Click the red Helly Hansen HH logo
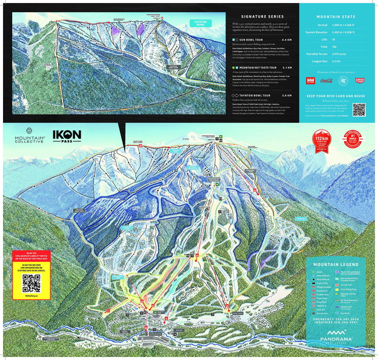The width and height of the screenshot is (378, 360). [311, 80]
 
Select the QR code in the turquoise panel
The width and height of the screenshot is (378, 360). [359, 109]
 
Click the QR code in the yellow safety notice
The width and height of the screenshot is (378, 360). [31, 284]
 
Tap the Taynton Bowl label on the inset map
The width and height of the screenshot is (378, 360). [199, 23]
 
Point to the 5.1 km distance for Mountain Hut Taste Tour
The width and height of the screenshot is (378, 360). [288, 68]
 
